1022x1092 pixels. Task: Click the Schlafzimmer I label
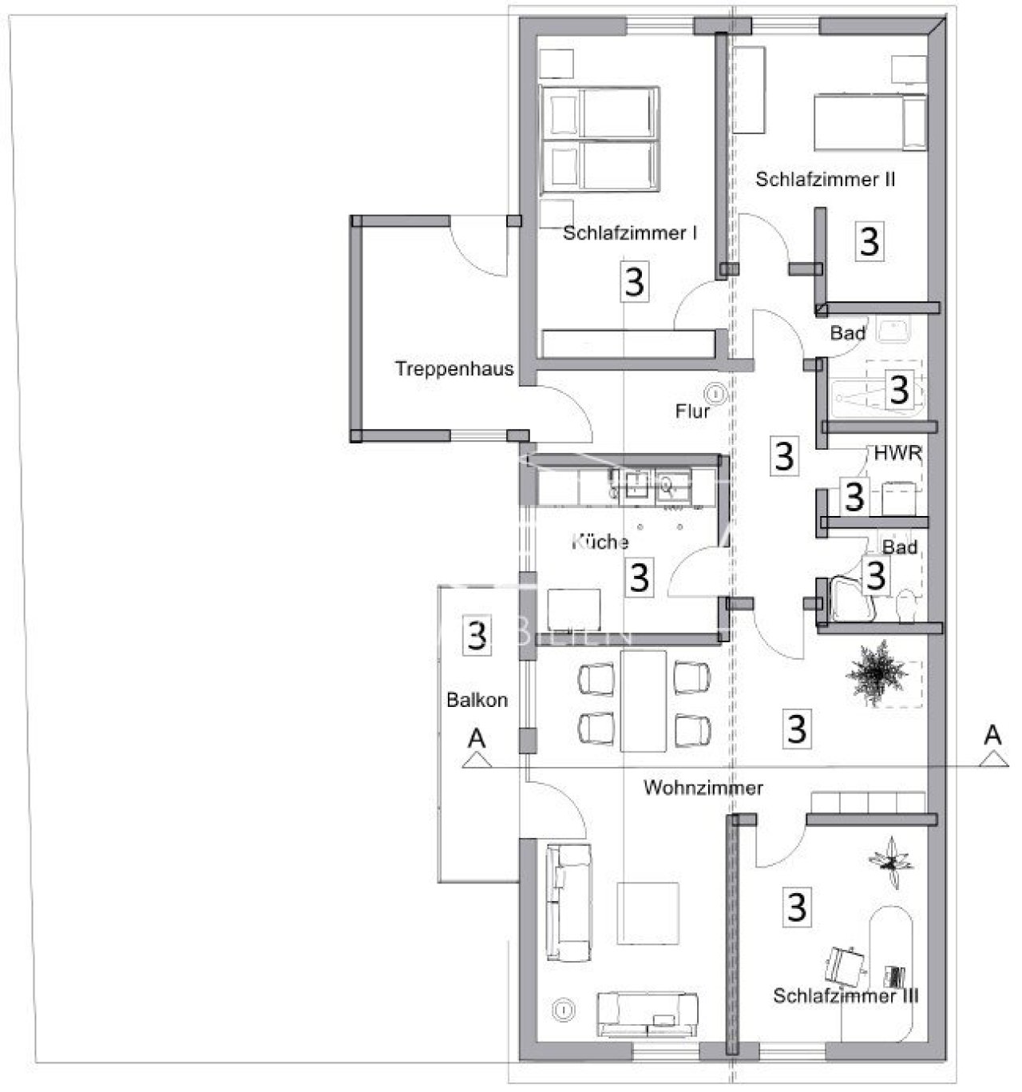click(x=629, y=233)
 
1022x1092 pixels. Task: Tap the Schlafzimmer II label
click(x=825, y=180)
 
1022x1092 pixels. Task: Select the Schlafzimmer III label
click(x=846, y=996)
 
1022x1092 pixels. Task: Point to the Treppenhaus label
click(x=454, y=369)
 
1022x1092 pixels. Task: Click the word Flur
click(x=692, y=412)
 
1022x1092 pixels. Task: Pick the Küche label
click(x=600, y=542)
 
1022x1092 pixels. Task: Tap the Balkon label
click(x=477, y=701)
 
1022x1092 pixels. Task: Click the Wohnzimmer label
click(x=703, y=788)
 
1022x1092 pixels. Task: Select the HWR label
click(x=898, y=454)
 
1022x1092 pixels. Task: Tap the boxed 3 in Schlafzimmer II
click(x=869, y=240)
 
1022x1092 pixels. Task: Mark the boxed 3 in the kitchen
click(x=639, y=577)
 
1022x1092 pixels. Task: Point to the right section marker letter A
click(x=992, y=735)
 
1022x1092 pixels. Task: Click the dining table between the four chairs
click(x=644, y=701)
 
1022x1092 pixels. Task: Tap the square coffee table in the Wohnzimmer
click(x=651, y=912)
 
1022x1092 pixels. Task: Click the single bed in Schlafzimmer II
click(x=869, y=122)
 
